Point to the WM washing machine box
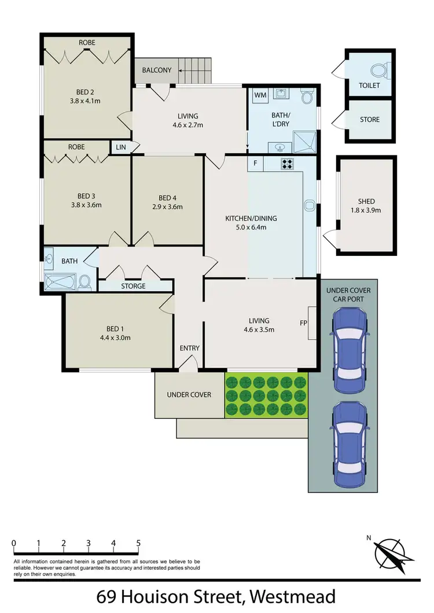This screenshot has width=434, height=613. (x=260, y=95)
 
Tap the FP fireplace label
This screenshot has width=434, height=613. (x=304, y=323)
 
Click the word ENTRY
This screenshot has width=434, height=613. (x=189, y=348)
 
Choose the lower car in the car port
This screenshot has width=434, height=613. (x=350, y=445)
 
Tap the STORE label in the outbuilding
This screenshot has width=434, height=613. (x=370, y=120)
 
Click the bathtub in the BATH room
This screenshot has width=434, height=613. (x=61, y=283)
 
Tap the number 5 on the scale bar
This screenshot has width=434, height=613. (x=138, y=543)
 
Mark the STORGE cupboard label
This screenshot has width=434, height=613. (x=133, y=286)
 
